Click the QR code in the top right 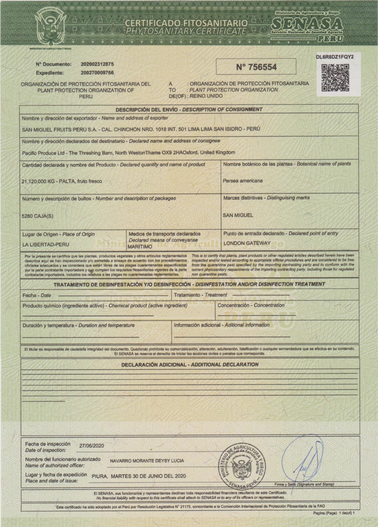[335, 78]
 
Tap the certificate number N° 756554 [256, 67]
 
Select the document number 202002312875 [97, 64]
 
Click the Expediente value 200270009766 [97, 73]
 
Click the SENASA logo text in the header [307, 23]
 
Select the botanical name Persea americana [243, 181]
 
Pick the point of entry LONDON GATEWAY [247, 243]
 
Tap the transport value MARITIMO [140, 246]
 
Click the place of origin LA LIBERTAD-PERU [44, 244]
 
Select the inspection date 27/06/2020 [92, 445]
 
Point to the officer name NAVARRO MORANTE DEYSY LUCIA [147, 461]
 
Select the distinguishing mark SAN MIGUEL [238, 215]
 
